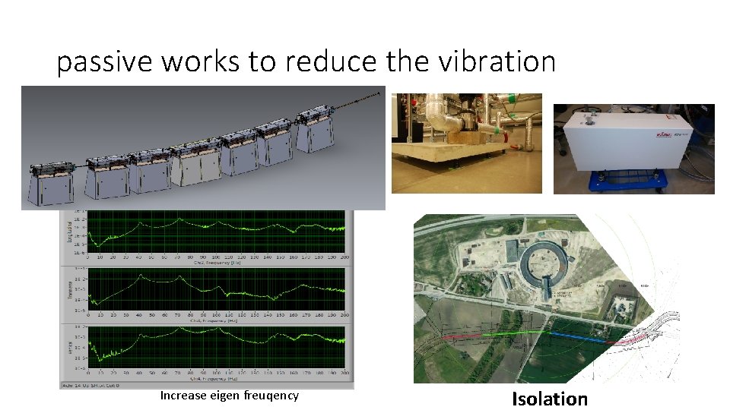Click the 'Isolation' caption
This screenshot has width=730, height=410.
[x=549, y=399]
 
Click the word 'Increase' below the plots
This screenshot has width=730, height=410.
[x=182, y=396]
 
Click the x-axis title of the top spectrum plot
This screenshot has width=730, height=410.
[x=217, y=263]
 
